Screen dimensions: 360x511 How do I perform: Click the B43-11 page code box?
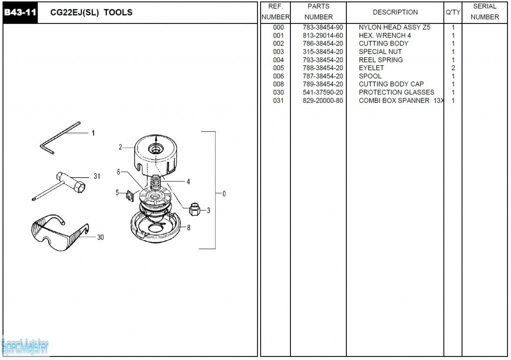pyautogui.click(x=20, y=12)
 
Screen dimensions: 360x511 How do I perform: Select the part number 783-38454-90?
pyautogui.click(x=322, y=27)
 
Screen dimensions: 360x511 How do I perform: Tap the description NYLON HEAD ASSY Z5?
pyautogui.click(x=394, y=27)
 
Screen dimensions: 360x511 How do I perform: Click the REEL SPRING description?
pyautogui.click(x=381, y=60)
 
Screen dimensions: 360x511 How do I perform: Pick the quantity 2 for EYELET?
pyautogui.click(x=453, y=68)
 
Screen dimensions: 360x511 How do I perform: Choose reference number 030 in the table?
pyautogui.click(x=278, y=92)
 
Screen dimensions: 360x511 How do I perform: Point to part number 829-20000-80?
pyautogui.click(x=322, y=100)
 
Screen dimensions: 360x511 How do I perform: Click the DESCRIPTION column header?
pyautogui.click(x=395, y=12)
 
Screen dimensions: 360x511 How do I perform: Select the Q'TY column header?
pyautogui.click(x=453, y=12)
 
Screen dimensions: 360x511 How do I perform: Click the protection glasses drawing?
pyautogui.click(x=57, y=233)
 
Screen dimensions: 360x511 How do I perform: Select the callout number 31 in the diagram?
pyautogui.click(x=97, y=176)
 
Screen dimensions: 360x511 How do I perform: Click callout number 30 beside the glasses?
pyautogui.click(x=100, y=237)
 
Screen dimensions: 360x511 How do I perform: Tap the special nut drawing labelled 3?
pyautogui.click(x=195, y=209)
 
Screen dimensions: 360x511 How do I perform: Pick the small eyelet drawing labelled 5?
pyautogui.click(x=129, y=194)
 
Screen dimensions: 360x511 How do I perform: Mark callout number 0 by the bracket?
pyautogui.click(x=224, y=194)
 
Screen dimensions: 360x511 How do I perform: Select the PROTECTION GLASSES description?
pyautogui.click(x=396, y=92)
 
